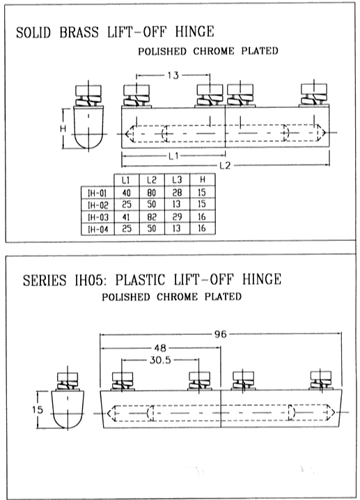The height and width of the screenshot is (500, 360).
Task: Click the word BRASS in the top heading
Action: click(79, 32)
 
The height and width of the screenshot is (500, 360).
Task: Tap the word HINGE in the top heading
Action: click(194, 31)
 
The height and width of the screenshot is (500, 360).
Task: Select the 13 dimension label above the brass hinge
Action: click(173, 76)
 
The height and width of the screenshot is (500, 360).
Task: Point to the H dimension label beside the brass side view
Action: click(63, 129)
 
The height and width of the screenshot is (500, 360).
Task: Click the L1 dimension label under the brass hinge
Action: click(173, 156)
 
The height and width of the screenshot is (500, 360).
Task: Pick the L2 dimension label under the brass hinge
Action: click(225, 166)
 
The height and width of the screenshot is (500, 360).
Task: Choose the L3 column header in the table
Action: click(177, 180)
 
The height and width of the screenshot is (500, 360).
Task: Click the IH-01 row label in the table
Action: click(97, 193)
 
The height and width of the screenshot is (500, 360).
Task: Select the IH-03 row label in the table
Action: click(98, 217)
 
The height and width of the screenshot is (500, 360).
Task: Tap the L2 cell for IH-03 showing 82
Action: click(152, 217)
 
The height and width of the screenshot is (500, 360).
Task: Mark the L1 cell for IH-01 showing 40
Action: click(126, 193)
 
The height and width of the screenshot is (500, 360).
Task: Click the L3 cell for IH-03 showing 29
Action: click(177, 217)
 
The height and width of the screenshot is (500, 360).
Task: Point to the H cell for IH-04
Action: click(201, 228)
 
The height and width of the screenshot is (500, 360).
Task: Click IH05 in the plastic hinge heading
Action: click(90, 281)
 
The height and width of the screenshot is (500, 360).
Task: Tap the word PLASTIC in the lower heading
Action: click(140, 280)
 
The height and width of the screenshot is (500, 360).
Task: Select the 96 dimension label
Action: click(220, 334)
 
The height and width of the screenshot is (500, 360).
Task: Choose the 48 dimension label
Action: click(160, 348)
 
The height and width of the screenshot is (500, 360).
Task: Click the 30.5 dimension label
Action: click(160, 360)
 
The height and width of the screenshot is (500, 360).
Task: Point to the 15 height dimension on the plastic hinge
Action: click(38, 409)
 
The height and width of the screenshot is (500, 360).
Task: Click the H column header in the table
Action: click(203, 180)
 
